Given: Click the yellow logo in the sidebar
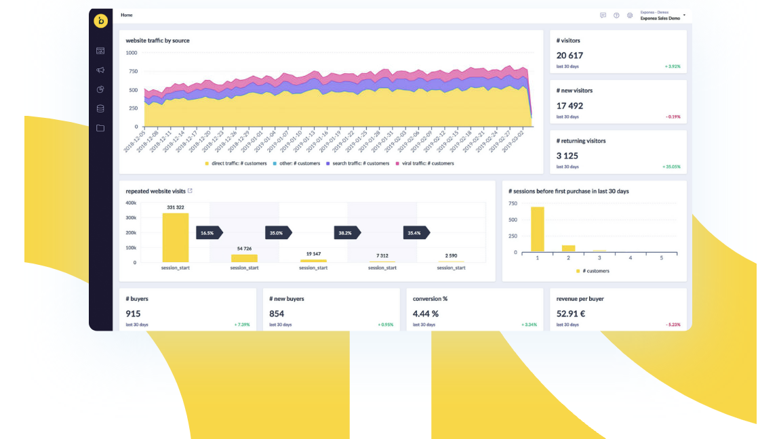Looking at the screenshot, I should click(x=100, y=21).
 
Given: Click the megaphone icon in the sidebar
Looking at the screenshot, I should click(x=100, y=70).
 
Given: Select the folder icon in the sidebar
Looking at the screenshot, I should click(x=100, y=128).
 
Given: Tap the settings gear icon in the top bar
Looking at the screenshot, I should click(x=630, y=15).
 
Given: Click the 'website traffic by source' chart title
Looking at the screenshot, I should click(x=157, y=41).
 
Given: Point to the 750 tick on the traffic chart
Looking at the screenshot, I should click(x=133, y=71).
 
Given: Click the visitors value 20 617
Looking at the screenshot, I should click(x=570, y=56).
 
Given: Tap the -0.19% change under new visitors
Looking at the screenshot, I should click(x=673, y=117).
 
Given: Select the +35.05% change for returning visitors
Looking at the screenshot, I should click(x=671, y=167).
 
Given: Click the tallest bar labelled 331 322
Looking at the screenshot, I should click(x=176, y=238).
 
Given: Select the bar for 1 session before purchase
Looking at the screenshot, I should click(x=538, y=230).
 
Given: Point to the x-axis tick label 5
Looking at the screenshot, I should click(x=661, y=258).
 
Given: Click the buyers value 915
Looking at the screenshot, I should click(x=134, y=314).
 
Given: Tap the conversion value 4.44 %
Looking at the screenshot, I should click(x=426, y=314).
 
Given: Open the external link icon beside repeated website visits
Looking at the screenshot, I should click(x=190, y=191).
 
